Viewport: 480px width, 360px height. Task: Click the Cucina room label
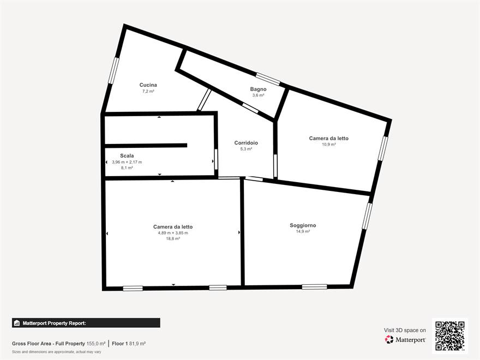coord(148,85)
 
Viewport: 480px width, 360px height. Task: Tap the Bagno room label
coord(258,89)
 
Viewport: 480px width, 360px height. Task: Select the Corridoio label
coord(246,143)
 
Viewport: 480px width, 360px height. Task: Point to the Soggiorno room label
coord(303,225)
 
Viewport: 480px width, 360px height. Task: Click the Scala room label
coord(127,156)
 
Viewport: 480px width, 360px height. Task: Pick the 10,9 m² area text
coord(328,145)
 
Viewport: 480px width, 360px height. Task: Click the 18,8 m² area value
coord(173,238)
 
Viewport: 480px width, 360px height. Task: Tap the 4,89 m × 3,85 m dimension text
coord(173,233)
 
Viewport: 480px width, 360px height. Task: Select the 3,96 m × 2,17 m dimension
coord(127,162)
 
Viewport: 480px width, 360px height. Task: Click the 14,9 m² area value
coord(303,231)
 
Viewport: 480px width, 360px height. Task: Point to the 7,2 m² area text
coord(148,91)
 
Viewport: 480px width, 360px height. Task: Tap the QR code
coord(449,335)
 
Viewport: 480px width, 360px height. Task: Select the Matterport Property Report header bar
coord(86,323)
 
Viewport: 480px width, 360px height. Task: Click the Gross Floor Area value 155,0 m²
coord(96,344)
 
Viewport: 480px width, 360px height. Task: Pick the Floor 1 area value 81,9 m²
coord(137,344)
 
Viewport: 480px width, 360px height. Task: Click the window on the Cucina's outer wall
coord(113,70)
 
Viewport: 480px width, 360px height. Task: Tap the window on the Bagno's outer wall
coord(268,79)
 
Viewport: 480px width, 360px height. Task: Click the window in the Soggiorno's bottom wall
coord(314,287)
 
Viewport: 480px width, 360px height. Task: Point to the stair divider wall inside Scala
coord(146,146)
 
